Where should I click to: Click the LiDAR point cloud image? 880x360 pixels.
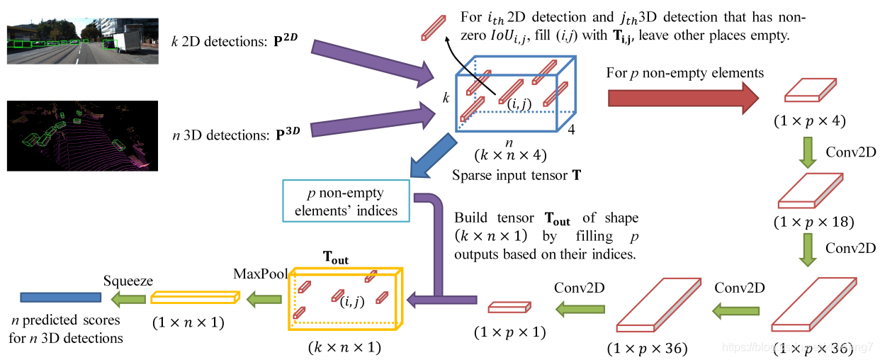point(82,135)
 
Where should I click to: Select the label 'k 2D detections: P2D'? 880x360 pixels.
point(230,40)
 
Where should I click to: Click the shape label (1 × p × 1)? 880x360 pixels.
point(509,332)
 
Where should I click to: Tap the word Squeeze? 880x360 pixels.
point(128,281)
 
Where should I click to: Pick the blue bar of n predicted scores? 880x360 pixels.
point(61,298)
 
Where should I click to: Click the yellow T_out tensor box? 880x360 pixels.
point(345,298)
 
